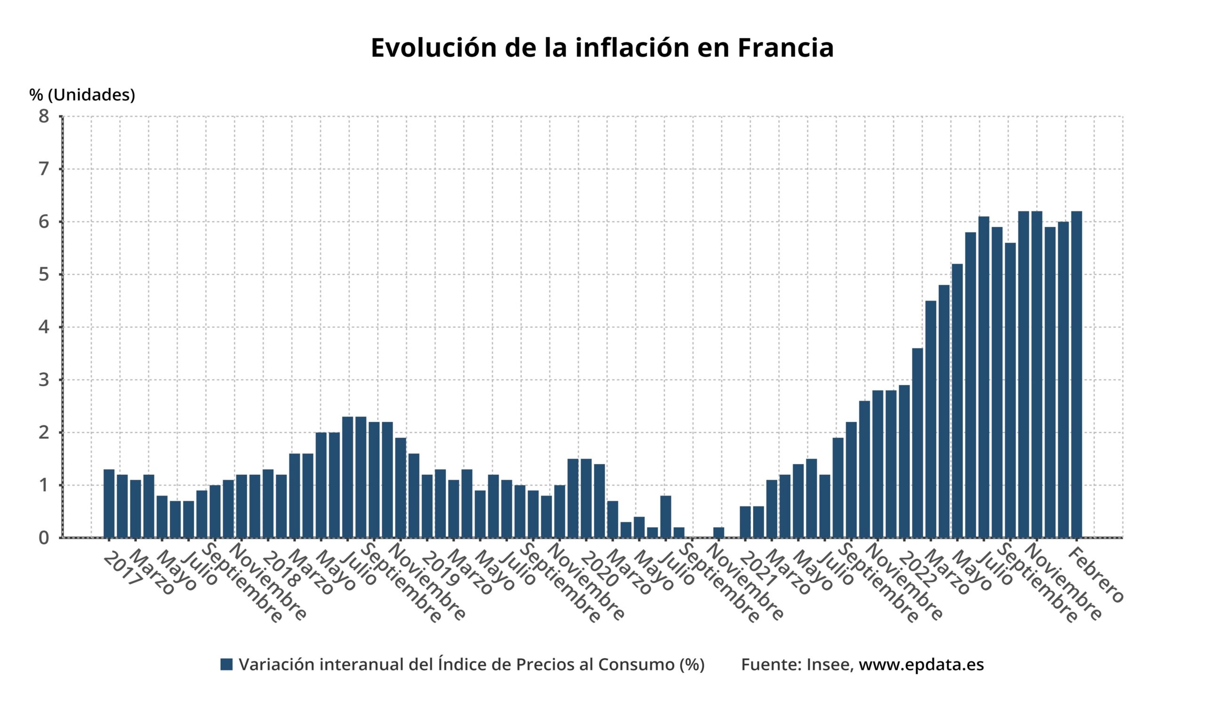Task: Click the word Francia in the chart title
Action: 785,48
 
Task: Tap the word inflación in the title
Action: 632,48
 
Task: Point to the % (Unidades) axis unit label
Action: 82,95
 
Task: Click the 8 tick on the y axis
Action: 44,116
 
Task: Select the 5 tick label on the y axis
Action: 44,275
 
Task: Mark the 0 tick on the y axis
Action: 44,537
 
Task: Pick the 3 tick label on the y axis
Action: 44,380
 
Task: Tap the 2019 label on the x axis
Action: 440,569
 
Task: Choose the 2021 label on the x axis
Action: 757,569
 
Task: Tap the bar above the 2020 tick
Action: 586,498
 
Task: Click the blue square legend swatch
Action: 226,665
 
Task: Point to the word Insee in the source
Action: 830,665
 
